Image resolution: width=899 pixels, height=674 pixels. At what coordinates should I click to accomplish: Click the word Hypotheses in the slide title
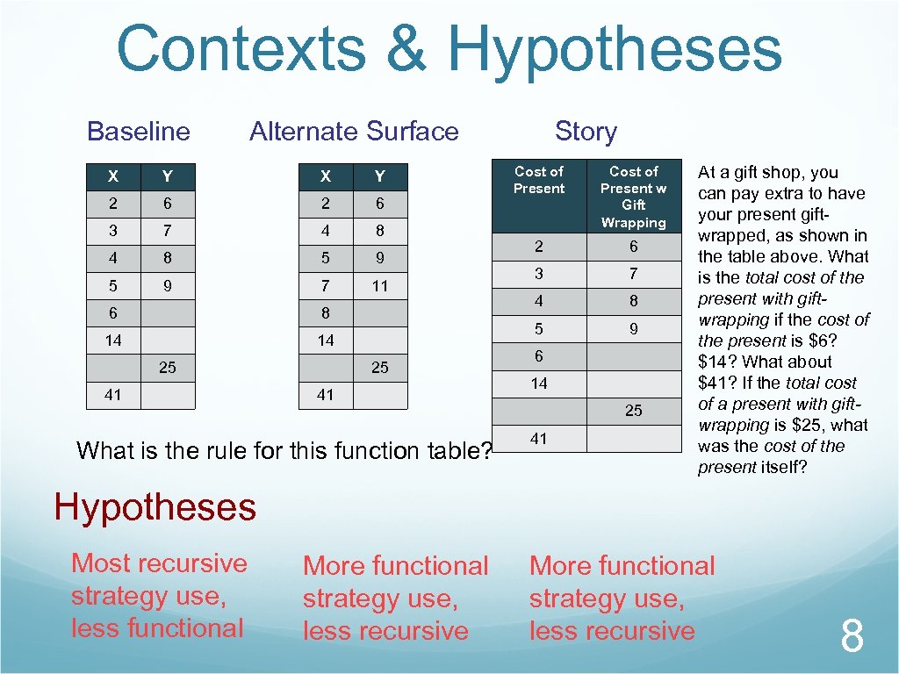[615, 51]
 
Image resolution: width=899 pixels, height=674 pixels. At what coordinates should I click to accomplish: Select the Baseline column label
[139, 132]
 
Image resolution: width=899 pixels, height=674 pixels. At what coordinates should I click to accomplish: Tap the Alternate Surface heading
[354, 132]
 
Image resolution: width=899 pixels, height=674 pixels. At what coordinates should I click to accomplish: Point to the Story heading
[586, 132]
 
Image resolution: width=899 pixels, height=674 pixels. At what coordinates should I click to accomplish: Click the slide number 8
[852, 636]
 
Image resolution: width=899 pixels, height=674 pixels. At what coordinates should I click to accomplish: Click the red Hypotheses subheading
[155, 507]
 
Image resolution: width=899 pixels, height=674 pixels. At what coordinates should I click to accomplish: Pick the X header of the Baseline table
[113, 176]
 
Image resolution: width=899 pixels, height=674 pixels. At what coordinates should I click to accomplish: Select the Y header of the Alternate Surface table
[379, 176]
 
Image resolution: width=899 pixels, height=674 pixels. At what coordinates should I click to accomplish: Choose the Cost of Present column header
[539, 180]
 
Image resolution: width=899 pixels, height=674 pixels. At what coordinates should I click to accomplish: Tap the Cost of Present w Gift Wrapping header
[634, 197]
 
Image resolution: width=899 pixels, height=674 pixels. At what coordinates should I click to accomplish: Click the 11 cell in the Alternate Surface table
[379, 285]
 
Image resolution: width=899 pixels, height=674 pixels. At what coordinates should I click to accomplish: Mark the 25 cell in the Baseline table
[167, 368]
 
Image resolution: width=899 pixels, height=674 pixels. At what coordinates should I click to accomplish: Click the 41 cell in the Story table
[539, 438]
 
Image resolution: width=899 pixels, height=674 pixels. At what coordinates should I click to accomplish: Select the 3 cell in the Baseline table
[113, 231]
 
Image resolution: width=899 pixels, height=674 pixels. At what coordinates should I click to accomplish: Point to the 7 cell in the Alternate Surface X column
[326, 285]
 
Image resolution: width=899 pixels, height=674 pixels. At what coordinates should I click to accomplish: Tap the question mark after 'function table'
[488, 451]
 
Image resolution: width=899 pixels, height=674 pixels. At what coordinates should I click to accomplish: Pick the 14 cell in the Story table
[539, 384]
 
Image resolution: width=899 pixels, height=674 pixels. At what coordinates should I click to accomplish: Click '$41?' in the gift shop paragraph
[716, 383]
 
